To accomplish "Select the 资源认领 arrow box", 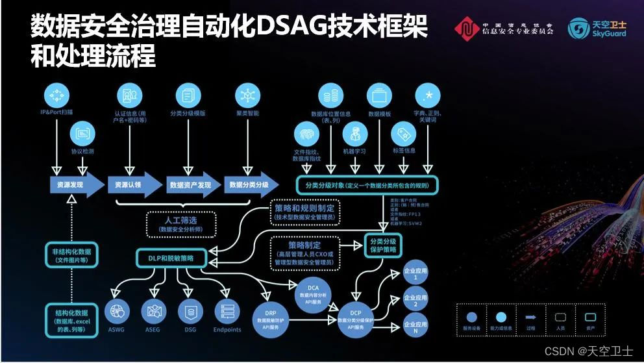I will coord(132,184).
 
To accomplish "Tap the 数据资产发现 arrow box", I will coord(192,184).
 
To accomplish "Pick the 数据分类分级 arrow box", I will coord(249,184).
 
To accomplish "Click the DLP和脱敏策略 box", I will coord(171,257).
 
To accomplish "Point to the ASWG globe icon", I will coord(117,311).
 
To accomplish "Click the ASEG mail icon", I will coord(154,311).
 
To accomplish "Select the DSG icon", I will coord(190,311).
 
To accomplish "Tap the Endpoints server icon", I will coord(227,311).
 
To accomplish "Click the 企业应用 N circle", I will coord(415,327).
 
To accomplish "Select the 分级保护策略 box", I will coord(384,245).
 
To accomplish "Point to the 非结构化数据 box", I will coord(75,255).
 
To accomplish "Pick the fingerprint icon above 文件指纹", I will coord(307,135).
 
